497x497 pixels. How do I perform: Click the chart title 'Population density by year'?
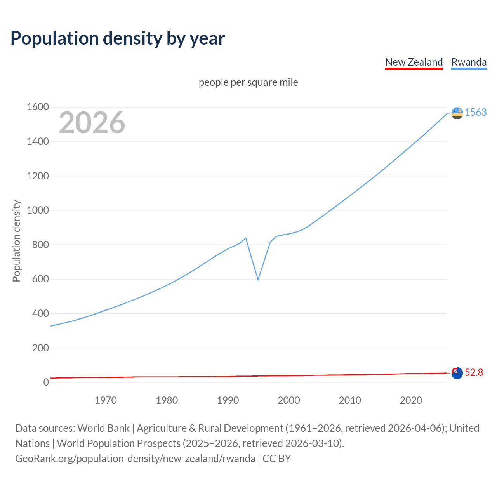[118, 38]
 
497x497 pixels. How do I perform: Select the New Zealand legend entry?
[414, 62]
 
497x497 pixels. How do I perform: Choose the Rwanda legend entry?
[469, 62]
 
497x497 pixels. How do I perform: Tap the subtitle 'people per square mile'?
[248, 82]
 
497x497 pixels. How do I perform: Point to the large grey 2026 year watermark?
[92, 123]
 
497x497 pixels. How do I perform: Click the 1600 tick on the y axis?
[38, 107]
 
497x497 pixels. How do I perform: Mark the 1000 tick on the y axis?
[38, 210]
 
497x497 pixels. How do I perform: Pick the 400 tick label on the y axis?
[40, 313]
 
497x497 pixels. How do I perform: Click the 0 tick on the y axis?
[46, 382]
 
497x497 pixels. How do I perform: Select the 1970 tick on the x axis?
[106, 400]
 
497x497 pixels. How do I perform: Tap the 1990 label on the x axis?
[228, 400]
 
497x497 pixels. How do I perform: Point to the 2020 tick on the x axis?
[411, 400]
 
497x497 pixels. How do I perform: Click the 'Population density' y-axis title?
[16, 241]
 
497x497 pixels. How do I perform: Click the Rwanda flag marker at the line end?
[457, 113]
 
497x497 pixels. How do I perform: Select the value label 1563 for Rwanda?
[476, 112]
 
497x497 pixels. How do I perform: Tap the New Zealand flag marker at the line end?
[457, 373]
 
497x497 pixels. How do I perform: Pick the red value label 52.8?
[474, 372]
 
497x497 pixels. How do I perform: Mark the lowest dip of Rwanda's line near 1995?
[258, 280]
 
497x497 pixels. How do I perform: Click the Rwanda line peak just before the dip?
[246, 238]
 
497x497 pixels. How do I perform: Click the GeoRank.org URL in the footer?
[135, 459]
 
